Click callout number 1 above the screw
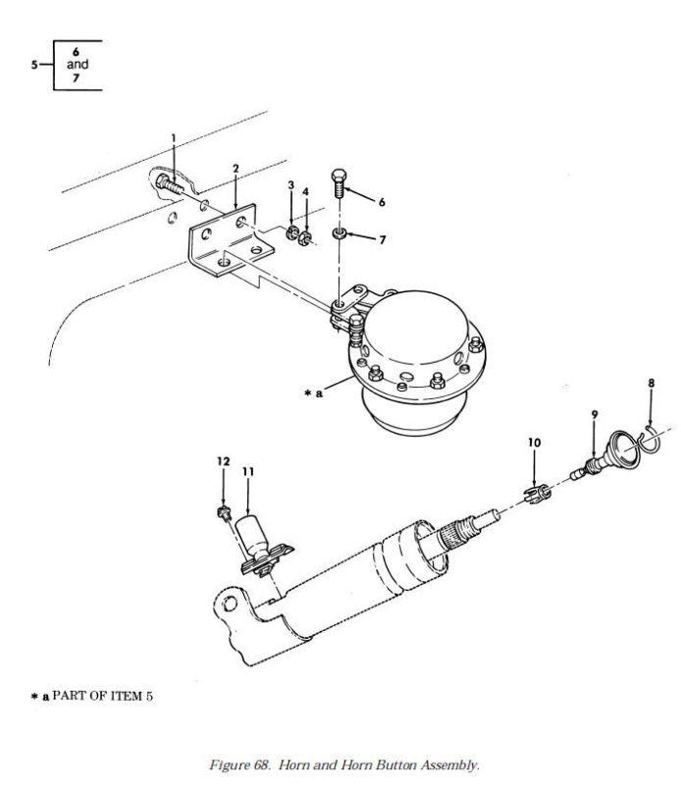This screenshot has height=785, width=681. (x=174, y=137)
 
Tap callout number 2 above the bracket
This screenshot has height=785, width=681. (x=236, y=169)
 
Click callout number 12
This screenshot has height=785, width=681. (x=223, y=461)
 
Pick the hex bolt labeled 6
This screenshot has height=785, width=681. (x=340, y=183)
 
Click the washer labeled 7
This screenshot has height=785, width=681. (x=340, y=234)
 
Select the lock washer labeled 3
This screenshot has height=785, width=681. (x=292, y=233)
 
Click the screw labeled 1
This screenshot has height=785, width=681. (x=169, y=183)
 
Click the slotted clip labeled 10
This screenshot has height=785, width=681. (x=538, y=495)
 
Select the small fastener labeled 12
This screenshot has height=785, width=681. (x=224, y=512)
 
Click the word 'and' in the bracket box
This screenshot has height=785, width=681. (x=78, y=64)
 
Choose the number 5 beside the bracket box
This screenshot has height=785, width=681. (x=34, y=65)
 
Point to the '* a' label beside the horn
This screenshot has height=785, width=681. (x=313, y=393)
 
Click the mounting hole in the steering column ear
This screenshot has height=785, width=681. (x=230, y=603)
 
